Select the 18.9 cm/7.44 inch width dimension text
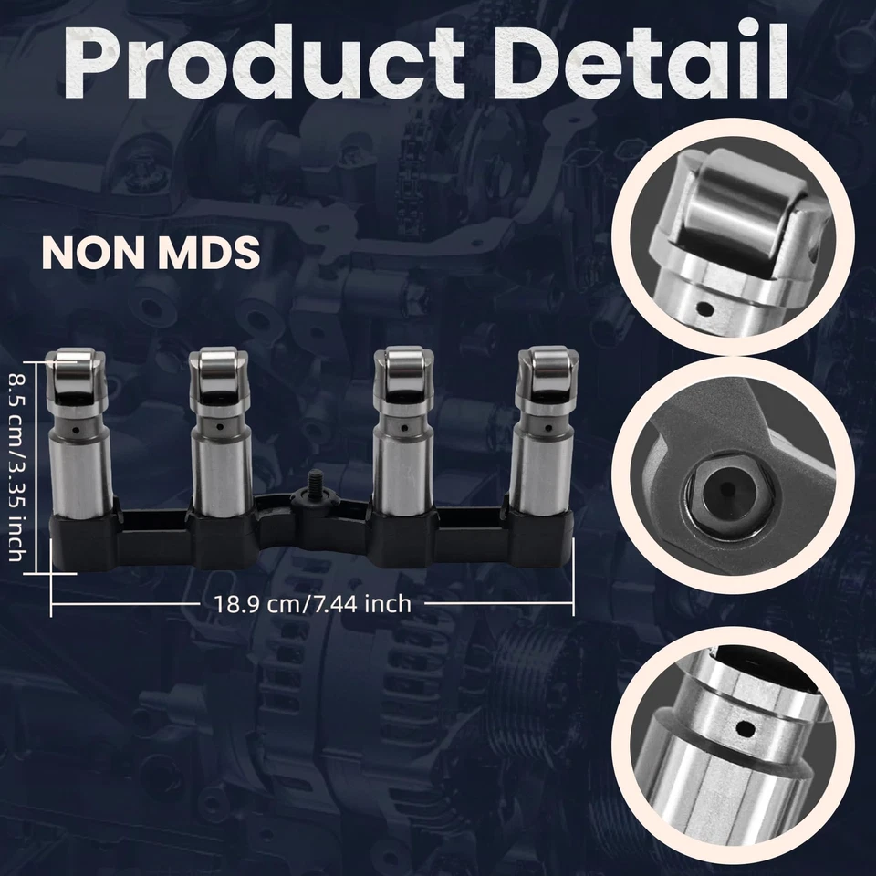tap(313, 603)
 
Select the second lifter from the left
tap(219, 438)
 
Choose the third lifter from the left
tap(402, 438)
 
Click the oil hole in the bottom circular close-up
tap(746, 728)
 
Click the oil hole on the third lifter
tap(402, 423)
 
